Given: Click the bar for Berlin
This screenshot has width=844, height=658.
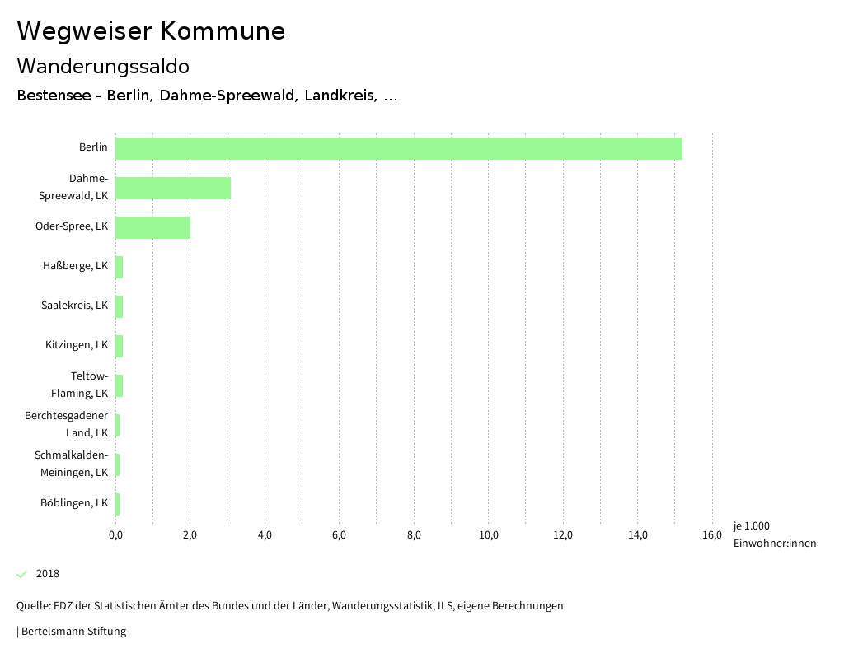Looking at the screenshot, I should coord(399,148).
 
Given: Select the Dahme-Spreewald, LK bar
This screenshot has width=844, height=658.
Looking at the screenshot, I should coord(173,188).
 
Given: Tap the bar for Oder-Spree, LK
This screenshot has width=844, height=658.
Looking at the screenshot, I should coord(153,227).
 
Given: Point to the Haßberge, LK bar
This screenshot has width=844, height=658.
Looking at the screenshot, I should coord(120,267).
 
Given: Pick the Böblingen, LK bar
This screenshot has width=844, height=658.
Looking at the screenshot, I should coord(118,504).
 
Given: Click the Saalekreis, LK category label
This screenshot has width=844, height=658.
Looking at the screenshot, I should coord(74,305).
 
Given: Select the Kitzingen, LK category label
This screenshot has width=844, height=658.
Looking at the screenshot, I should coord(77,344).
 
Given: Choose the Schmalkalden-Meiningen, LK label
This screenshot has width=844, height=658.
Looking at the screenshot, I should coord(71,463).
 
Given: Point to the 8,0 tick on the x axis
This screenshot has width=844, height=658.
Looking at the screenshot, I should coord(414,535).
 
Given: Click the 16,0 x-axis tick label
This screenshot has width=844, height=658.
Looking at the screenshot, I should coord(712,535).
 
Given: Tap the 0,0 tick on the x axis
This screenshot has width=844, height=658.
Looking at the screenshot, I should coord(115,535).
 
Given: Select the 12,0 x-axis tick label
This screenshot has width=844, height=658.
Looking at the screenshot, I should coord(563,535).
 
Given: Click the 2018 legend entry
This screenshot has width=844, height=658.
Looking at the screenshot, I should coord(48,574).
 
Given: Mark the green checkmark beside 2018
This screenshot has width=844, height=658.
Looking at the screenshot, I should coord(22,574).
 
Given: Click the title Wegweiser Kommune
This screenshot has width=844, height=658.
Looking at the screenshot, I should coord(151,31).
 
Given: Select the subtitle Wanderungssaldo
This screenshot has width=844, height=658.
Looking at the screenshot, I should coord(103,66).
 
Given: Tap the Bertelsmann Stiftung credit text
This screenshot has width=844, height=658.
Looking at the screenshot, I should coord(73,632).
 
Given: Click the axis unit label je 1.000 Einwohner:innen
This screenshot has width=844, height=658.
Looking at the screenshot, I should coord(774,534).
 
